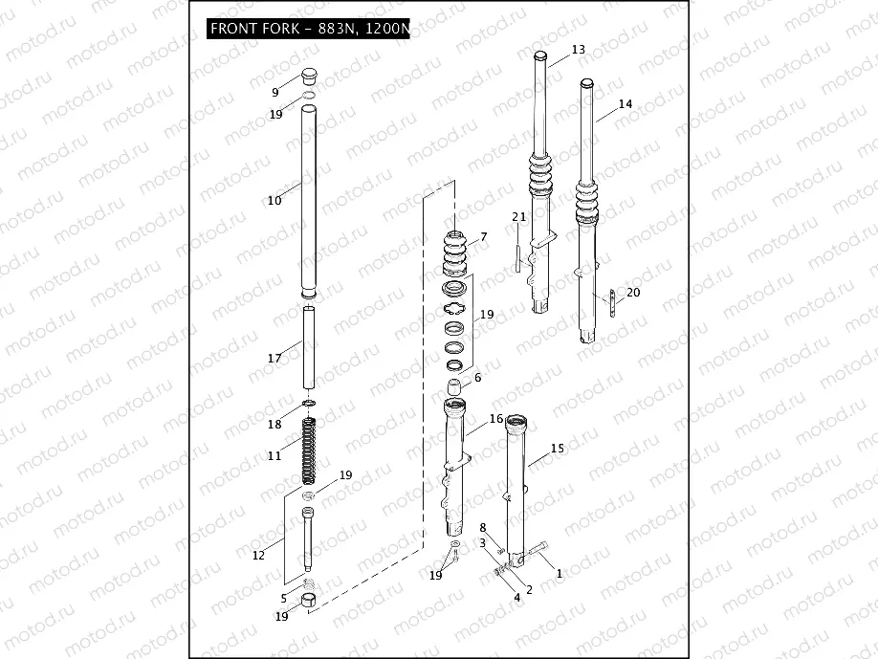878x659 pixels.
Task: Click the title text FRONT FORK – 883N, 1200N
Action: click(309, 29)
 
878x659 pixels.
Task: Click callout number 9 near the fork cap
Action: click(275, 93)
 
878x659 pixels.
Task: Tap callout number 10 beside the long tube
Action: click(274, 201)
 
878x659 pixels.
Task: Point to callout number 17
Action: click(274, 359)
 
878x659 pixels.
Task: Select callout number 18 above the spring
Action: click(274, 425)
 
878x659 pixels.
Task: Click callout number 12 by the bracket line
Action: click(258, 556)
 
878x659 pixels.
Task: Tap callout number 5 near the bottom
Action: click(284, 598)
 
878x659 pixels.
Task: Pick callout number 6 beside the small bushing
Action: click(478, 378)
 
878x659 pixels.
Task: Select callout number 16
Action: click(495, 419)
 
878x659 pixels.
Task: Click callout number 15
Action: click(558, 448)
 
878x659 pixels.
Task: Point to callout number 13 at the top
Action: click(578, 49)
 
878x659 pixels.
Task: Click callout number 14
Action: click(625, 103)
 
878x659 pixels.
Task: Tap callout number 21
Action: click(518, 216)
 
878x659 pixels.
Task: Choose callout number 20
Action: click(633, 293)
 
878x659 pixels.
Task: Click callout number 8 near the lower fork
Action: click(483, 528)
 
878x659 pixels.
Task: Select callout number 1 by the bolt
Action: click(560, 574)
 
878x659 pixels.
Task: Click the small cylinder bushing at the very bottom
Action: click(309, 601)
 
